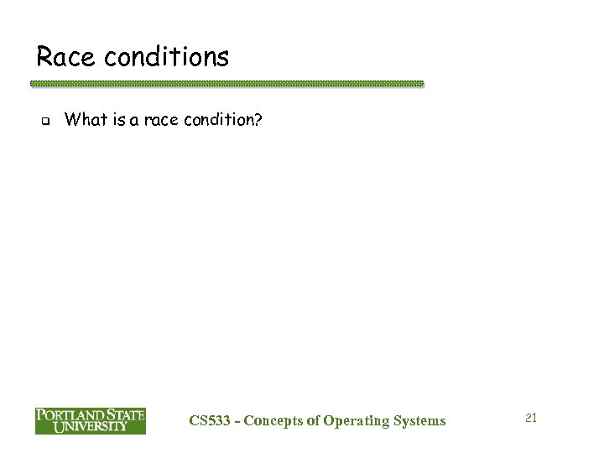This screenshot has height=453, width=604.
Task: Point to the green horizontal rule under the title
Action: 226,85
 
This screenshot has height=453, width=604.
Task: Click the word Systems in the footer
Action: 420,420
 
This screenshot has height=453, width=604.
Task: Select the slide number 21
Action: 529,417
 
